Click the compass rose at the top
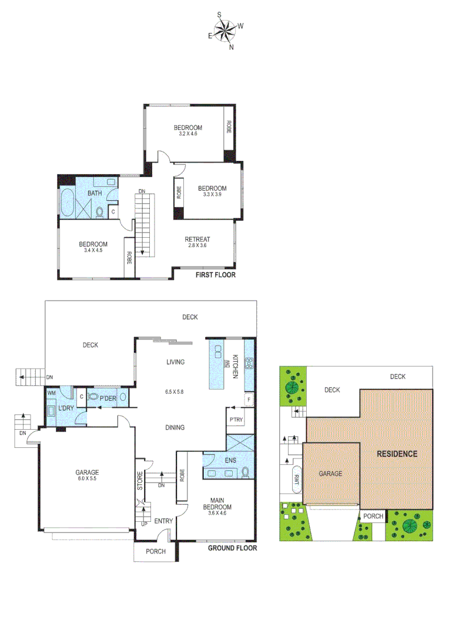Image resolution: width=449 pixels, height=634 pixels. (226, 30)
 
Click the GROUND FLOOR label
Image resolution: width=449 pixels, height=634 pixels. (233, 548)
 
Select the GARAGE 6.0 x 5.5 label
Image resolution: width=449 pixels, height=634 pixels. (86, 475)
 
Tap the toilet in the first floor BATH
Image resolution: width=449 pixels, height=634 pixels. (100, 211)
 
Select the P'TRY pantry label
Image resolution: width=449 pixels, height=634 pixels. (236, 420)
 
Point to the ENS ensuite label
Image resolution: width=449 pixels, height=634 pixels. (229, 460)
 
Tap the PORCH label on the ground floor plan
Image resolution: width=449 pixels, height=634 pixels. (155, 552)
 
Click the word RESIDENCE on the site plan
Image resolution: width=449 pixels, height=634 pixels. (397, 453)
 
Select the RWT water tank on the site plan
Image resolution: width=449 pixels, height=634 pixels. (296, 479)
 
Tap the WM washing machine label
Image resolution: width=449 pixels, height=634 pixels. (51, 392)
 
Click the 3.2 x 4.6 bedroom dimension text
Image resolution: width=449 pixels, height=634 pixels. (187, 134)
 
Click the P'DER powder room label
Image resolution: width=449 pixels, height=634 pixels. (107, 398)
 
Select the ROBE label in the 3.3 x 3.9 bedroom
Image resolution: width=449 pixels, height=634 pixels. (178, 193)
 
